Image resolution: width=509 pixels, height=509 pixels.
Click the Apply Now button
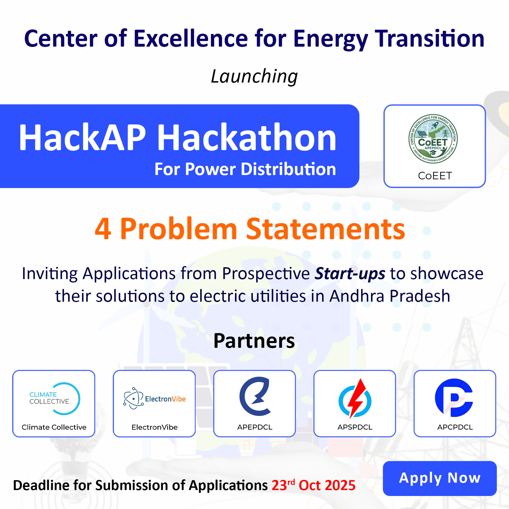click(440, 478)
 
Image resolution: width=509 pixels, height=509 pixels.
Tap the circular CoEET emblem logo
click(433, 139)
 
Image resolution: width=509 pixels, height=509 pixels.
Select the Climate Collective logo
click(55, 398)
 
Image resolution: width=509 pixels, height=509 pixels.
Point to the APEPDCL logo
click(255, 396)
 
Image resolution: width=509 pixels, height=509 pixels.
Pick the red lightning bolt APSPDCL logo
click(355, 398)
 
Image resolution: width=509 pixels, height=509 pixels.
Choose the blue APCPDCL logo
click(454, 398)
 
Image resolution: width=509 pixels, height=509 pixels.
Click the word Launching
click(254, 77)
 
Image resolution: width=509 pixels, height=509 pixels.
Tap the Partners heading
click(254, 341)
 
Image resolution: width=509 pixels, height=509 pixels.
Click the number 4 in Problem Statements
click(103, 229)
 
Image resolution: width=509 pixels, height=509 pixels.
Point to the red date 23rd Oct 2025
click(314, 485)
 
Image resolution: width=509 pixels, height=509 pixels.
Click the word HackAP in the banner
click(82, 137)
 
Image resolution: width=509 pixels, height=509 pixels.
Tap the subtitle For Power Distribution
click(245, 169)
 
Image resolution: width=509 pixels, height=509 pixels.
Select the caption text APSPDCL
click(355, 427)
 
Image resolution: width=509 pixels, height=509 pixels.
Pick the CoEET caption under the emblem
click(435, 176)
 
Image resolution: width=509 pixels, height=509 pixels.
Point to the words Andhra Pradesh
click(390, 296)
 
